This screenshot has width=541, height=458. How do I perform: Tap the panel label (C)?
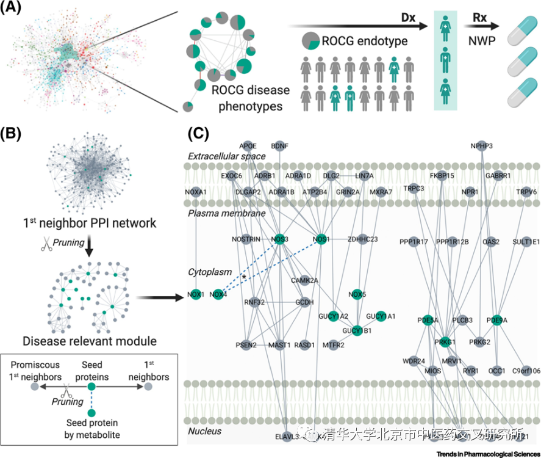pos(200,133)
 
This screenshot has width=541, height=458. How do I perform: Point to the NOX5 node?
pos(357,294)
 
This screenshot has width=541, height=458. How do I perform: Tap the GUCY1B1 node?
pos(357,330)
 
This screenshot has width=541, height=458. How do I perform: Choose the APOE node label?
pos(248,146)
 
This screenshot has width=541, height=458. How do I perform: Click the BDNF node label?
pos(280,146)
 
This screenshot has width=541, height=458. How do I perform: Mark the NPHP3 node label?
pos(482,146)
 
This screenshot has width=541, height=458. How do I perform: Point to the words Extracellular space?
pos(226,157)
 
